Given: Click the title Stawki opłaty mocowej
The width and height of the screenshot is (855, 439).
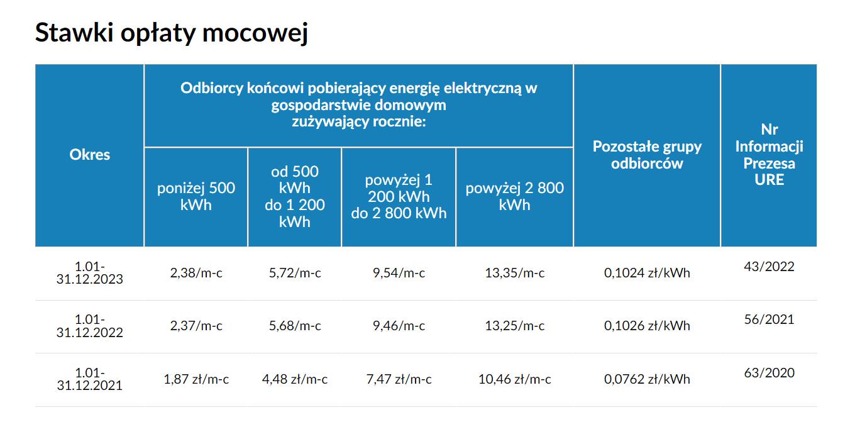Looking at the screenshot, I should tap(171, 33).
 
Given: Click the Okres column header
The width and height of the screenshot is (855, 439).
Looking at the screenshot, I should tap(90, 155).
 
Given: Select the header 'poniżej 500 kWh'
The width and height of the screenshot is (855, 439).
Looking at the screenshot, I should tap(196, 196).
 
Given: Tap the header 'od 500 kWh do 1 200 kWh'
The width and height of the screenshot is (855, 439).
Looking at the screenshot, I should tap(295, 196).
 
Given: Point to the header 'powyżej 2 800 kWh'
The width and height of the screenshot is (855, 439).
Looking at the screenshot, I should tap(514, 196).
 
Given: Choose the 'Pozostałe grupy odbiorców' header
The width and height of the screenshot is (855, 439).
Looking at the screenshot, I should tap(647, 155).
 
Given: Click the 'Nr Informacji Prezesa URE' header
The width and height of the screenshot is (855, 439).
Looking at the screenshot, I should tap(769, 155).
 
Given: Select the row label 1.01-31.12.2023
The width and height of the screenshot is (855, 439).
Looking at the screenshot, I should tap(90, 273).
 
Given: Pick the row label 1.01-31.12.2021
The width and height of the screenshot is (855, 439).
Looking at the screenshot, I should tap(90, 379).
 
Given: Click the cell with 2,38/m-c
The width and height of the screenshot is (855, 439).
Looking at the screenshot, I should tap(196, 273).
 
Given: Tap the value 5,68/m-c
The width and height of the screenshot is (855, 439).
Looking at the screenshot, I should tap(295, 326).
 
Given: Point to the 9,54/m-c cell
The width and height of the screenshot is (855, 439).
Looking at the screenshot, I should tap(399, 273).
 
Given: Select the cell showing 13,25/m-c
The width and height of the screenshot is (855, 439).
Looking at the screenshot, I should tap(514, 326).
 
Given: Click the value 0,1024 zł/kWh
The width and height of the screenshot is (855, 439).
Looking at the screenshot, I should tap(647, 273).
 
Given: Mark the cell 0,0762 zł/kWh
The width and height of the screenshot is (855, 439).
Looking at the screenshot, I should tap(647, 379).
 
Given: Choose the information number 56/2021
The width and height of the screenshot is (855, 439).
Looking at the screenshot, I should tap(769, 320).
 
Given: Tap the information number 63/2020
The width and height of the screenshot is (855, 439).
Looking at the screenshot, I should tap(769, 373).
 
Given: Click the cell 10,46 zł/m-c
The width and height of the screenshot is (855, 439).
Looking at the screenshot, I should tap(514, 379).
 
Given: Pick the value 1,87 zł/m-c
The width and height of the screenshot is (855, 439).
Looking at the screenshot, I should tap(196, 379).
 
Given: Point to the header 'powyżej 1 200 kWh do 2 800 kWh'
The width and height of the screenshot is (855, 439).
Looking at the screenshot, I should tap(399, 196).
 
